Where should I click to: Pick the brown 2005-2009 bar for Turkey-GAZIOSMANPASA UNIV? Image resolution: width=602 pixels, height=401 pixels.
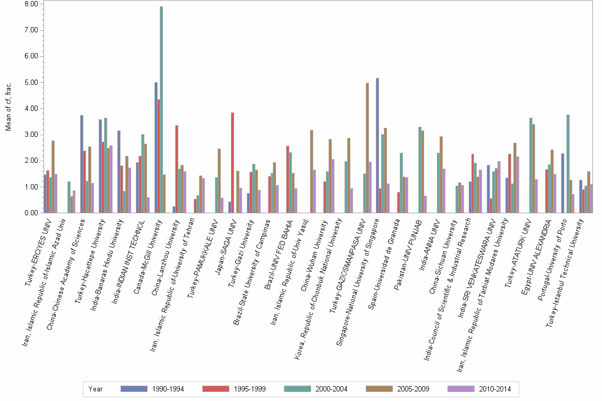(x=367, y=148)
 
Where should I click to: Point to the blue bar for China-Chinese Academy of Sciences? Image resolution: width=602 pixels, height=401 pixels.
(x=82, y=164)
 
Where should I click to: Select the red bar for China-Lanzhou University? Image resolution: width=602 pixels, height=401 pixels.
(x=177, y=169)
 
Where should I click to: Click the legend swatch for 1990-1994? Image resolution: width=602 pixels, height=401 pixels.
(x=135, y=389)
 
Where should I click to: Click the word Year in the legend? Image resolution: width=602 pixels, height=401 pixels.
(x=96, y=389)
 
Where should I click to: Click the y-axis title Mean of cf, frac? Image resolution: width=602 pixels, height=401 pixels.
(x=8, y=106)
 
